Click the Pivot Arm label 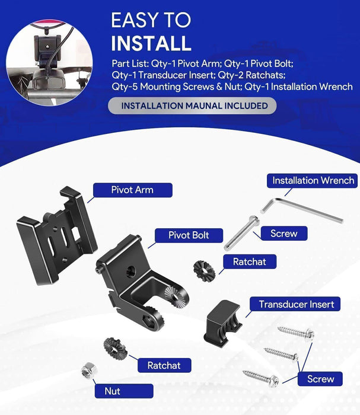click(x=132, y=190)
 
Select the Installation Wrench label click(x=313, y=180)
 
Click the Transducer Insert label click(x=296, y=305)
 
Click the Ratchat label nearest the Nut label click(x=164, y=366)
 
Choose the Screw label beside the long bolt click(x=283, y=234)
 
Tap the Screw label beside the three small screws click(x=320, y=379)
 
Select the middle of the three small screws click(x=281, y=355)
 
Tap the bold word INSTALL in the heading click(x=151, y=43)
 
